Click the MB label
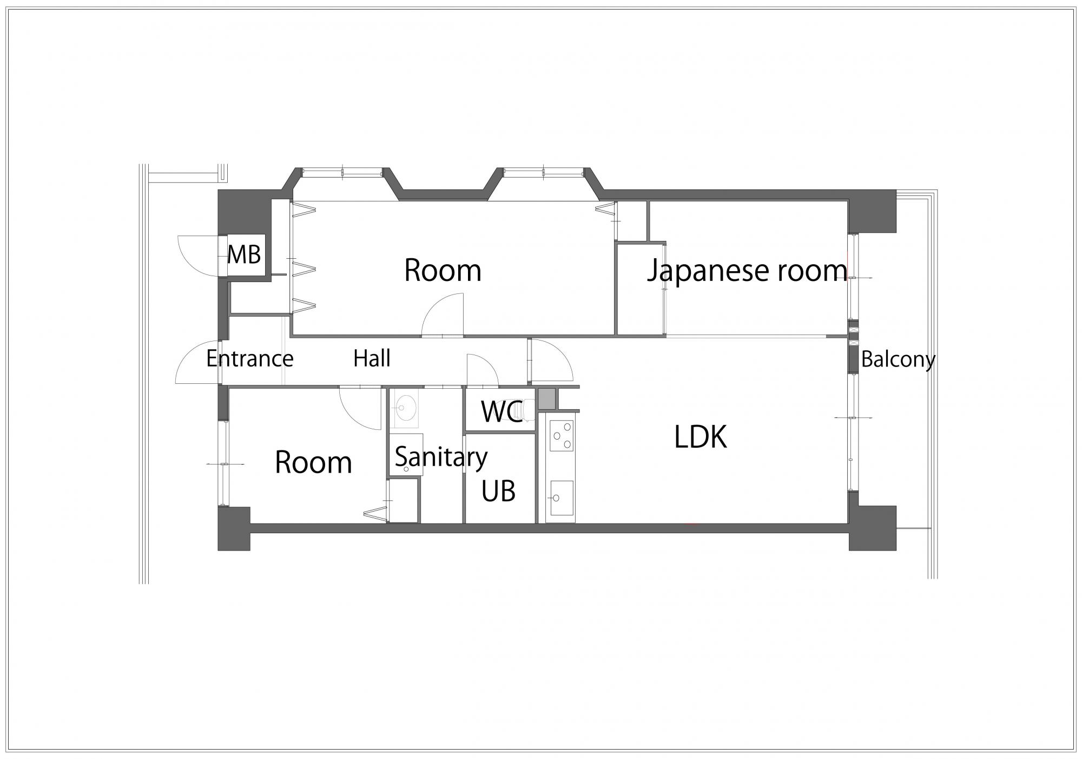244,254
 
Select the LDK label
701,437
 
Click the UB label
498,491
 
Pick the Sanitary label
441,457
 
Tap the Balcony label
898,360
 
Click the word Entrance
250,358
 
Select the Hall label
372,358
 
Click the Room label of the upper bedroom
443,271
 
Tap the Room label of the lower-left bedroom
313,463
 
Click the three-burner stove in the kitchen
562,436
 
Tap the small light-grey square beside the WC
546,399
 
